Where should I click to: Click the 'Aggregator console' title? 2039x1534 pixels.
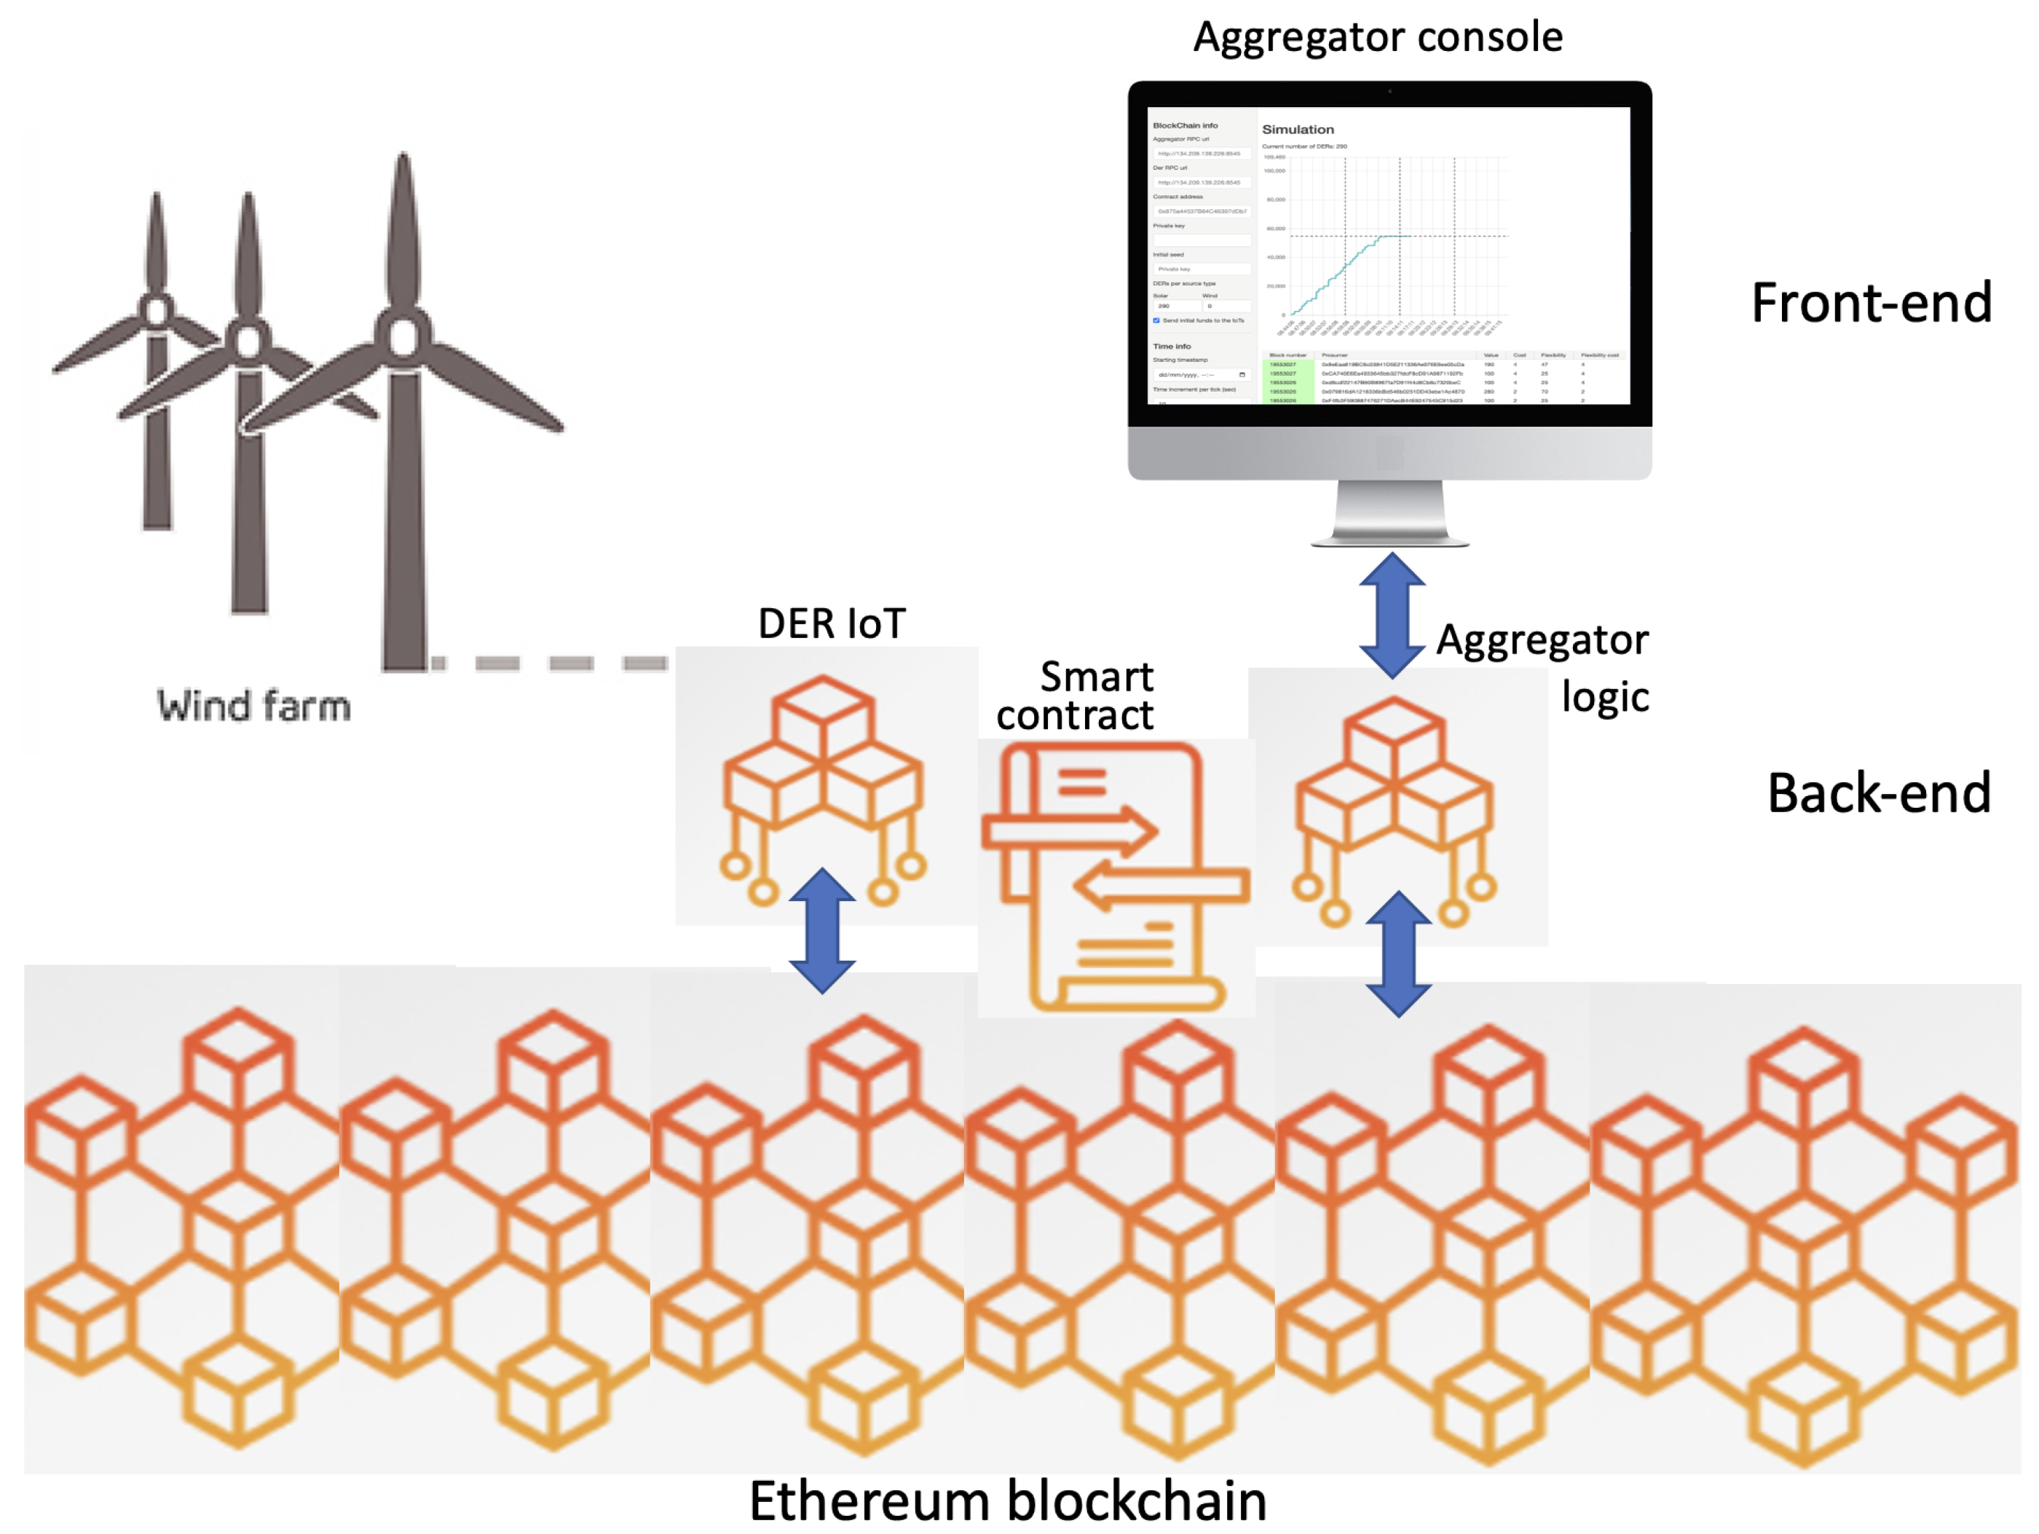tap(1377, 37)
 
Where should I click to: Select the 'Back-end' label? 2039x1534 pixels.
tap(1879, 792)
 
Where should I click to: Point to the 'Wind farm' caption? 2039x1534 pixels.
tap(253, 706)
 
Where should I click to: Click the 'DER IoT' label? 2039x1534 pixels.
tap(832, 624)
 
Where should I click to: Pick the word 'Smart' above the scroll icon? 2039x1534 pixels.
tap(1096, 677)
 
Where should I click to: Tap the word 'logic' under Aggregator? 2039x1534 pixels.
tap(1604, 697)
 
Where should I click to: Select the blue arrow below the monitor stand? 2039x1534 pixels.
tap(1392, 615)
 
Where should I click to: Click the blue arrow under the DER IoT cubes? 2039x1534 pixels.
tap(822, 930)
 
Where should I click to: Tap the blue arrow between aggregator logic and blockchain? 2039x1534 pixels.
tap(1398, 953)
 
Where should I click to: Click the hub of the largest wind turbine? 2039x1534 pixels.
tap(403, 337)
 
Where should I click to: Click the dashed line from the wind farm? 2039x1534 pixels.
tap(549, 663)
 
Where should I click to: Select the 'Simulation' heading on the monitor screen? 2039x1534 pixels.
tap(1297, 130)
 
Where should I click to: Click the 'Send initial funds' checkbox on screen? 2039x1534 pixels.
tap(1156, 320)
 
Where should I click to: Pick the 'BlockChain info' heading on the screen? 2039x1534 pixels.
tap(1185, 125)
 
